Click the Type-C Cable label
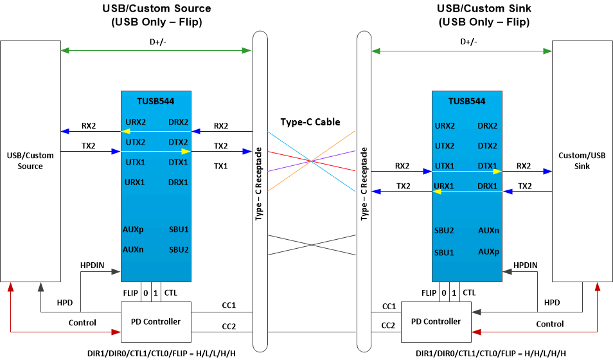(x=310, y=122)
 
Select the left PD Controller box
(x=156, y=321)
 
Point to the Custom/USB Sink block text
(x=582, y=161)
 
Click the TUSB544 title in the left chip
(x=155, y=101)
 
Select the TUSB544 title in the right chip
(x=466, y=101)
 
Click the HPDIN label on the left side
(x=93, y=265)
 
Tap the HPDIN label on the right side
(x=526, y=265)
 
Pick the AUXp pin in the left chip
(x=133, y=230)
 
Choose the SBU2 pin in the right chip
(x=444, y=230)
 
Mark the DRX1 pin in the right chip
(x=487, y=186)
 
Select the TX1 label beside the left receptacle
(x=221, y=166)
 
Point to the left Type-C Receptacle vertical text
(x=259, y=184)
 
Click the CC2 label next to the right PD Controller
(x=389, y=327)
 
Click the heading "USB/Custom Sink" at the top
(x=483, y=9)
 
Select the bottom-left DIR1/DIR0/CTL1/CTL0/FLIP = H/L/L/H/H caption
(x=157, y=353)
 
